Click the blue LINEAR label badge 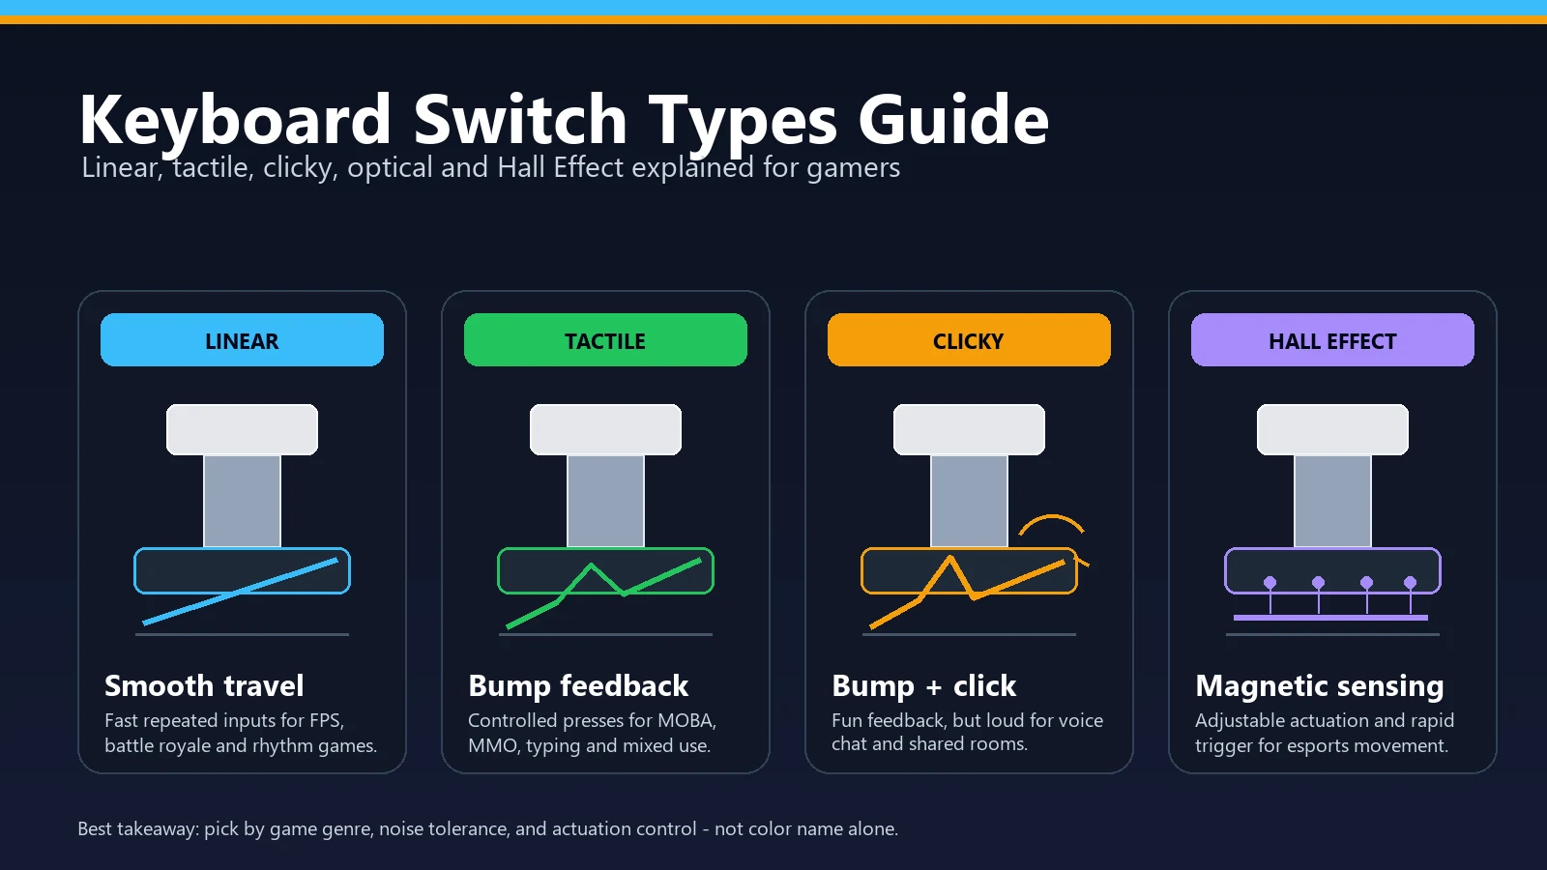pyautogui.click(x=242, y=339)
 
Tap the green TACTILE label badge pyautogui.click(x=605, y=339)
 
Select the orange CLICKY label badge pyautogui.click(x=969, y=339)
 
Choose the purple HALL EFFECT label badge pyautogui.click(x=1332, y=339)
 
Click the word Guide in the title pyautogui.click(x=953, y=120)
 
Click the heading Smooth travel pyautogui.click(x=204, y=685)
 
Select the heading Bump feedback pyautogui.click(x=578, y=685)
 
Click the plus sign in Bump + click pyautogui.click(x=934, y=687)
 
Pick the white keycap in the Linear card pyautogui.click(x=242, y=429)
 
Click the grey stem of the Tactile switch pyautogui.click(x=605, y=502)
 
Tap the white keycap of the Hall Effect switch pyautogui.click(x=1332, y=429)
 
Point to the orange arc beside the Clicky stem pyautogui.click(x=1052, y=516)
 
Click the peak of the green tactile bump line pyautogui.click(x=591, y=565)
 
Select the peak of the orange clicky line pyautogui.click(x=951, y=557)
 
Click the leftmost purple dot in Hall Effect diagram pyautogui.click(x=1270, y=583)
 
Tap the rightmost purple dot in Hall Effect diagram pyautogui.click(x=1411, y=583)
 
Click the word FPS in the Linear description pyautogui.click(x=325, y=720)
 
